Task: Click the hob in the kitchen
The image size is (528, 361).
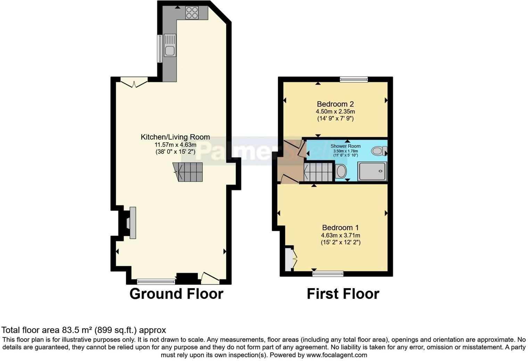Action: coord(192,12)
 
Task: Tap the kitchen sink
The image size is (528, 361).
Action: coord(170,48)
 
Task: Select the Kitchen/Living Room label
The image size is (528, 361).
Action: coord(175,137)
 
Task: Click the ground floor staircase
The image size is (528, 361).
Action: coord(189,172)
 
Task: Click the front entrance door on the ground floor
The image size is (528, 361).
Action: coord(210,277)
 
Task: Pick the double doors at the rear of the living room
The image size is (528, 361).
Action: coord(134,83)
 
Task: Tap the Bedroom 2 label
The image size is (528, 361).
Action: coord(335,104)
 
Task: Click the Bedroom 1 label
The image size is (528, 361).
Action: coord(340,228)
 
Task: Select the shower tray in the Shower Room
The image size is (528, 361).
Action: coord(372,171)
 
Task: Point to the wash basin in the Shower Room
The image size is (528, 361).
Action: coord(341,171)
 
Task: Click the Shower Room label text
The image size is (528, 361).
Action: coord(345,146)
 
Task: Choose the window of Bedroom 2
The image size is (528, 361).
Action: coord(354,79)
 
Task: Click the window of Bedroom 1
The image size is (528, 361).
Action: coord(328,274)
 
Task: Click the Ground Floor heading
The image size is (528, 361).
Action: coord(176,294)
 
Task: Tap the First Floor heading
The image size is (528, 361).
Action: coord(343,294)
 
